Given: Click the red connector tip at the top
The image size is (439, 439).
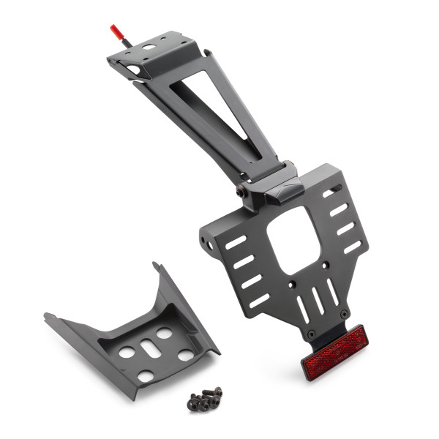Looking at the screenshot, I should point(115,31).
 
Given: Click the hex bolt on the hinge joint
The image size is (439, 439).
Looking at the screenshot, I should point(241,192).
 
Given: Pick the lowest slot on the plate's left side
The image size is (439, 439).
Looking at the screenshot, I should point(260,300).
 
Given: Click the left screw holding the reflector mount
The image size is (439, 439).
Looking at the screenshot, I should point(312,335).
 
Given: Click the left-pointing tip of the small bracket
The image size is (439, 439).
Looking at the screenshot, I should point(47,316).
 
